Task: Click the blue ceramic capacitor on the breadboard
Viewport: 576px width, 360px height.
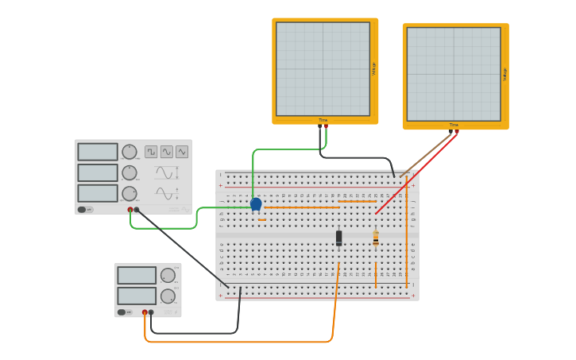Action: coord(256,204)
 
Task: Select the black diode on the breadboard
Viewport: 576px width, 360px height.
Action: coord(339,237)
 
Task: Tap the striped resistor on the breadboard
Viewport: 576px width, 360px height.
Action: coord(376,238)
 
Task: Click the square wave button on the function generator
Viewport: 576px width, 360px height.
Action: coord(151,151)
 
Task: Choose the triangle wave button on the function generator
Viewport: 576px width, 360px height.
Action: coord(182,151)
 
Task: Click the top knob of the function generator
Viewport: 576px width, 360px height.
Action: coord(129,152)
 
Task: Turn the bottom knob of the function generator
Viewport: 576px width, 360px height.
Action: coord(129,193)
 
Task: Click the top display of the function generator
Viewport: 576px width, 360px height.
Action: coord(98,152)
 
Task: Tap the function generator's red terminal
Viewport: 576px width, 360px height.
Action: coord(130,210)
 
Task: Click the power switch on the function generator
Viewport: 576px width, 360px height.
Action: coord(84,209)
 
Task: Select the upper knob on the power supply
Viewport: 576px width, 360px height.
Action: coord(168,276)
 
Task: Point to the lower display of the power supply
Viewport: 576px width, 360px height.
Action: coord(137,296)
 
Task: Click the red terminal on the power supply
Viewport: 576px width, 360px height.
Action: coord(145,312)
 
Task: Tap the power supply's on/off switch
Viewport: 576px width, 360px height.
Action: coord(124,312)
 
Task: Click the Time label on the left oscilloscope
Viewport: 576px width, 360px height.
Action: coord(323,120)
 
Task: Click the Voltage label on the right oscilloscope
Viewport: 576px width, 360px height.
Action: coord(504,74)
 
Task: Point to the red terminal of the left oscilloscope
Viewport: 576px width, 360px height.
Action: coord(326,126)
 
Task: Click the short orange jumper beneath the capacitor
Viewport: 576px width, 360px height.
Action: coord(263,219)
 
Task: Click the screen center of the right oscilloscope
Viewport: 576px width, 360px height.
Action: coord(454,74)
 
